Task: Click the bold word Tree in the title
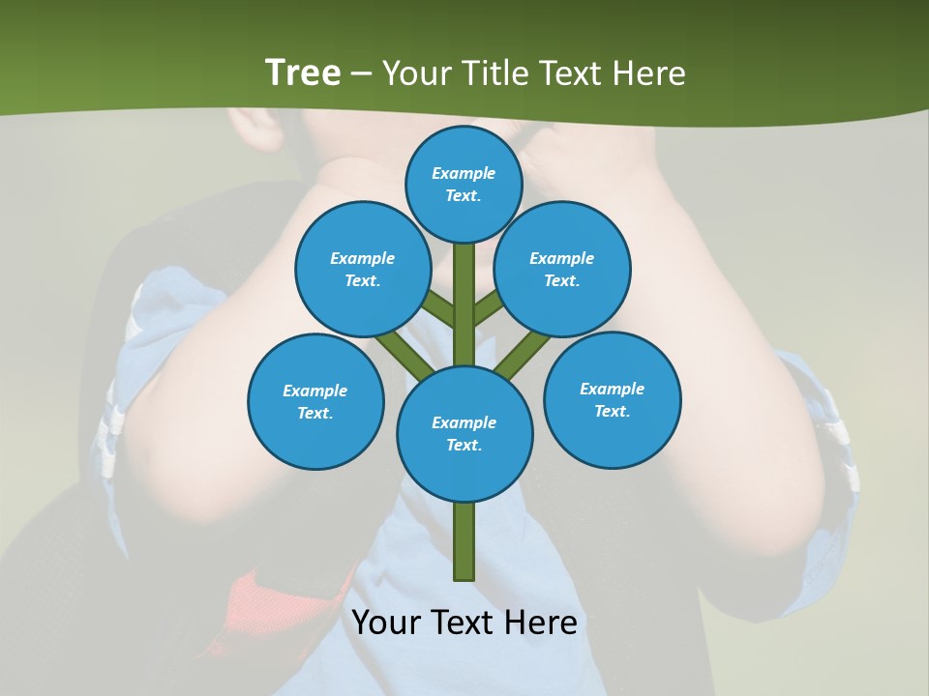pyautogui.click(x=303, y=73)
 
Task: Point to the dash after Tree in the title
pyautogui.click(x=362, y=74)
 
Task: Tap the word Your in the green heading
pyautogui.click(x=417, y=73)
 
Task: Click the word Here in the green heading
pyautogui.click(x=649, y=73)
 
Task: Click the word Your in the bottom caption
pyautogui.click(x=385, y=623)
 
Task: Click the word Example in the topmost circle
pyautogui.click(x=464, y=174)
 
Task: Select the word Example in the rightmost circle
pyautogui.click(x=612, y=389)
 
